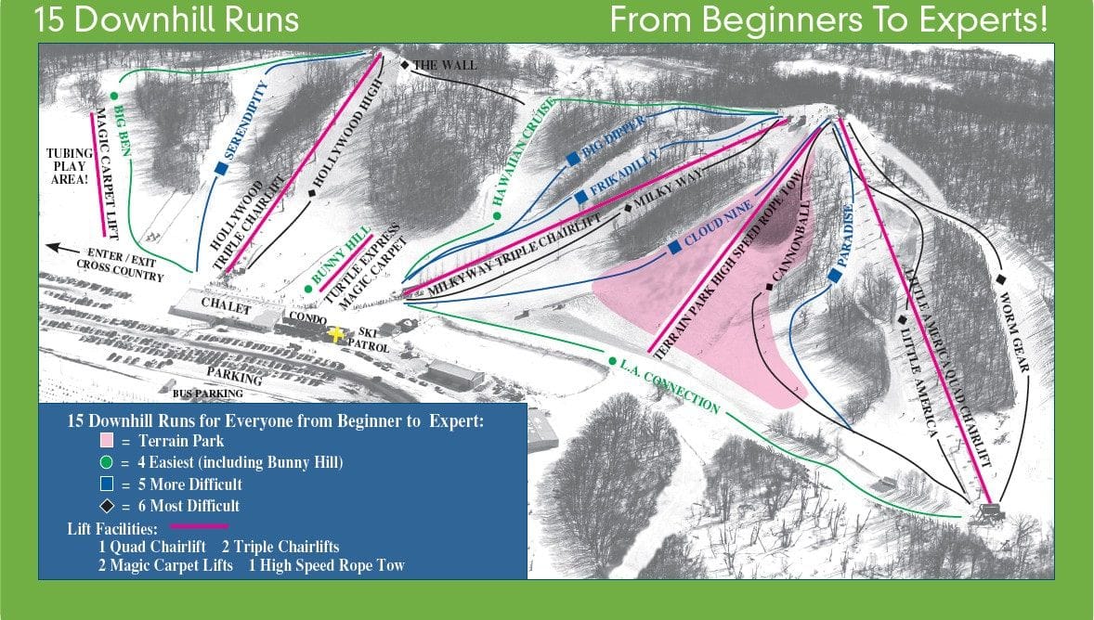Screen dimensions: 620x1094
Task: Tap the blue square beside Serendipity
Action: point(221,168)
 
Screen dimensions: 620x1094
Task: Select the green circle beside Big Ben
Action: point(113,95)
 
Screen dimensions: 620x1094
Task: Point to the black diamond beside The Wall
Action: point(405,65)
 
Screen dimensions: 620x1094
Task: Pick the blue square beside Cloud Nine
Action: point(674,248)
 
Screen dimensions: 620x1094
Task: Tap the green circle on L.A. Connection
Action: point(612,361)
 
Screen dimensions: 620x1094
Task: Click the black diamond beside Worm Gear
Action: point(1001,279)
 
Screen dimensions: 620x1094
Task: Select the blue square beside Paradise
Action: point(834,276)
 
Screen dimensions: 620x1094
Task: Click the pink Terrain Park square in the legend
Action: point(108,442)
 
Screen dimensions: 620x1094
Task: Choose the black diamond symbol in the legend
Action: point(108,506)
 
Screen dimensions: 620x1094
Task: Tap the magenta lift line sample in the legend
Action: point(197,526)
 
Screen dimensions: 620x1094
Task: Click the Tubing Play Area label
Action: point(71,167)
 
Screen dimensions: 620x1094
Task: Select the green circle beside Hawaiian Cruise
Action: point(497,215)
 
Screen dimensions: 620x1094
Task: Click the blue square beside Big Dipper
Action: point(573,160)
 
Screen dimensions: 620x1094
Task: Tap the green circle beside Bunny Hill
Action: point(307,289)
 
